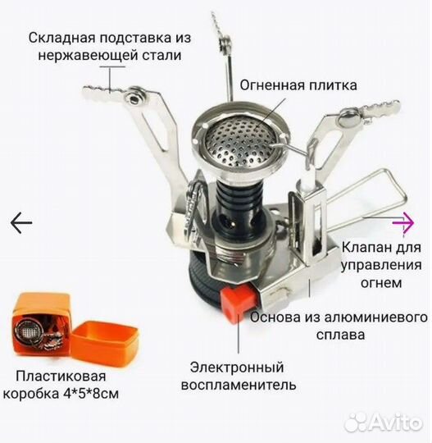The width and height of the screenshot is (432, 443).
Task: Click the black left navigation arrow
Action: coord(20,221)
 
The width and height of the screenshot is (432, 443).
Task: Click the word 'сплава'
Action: coord(338,335)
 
